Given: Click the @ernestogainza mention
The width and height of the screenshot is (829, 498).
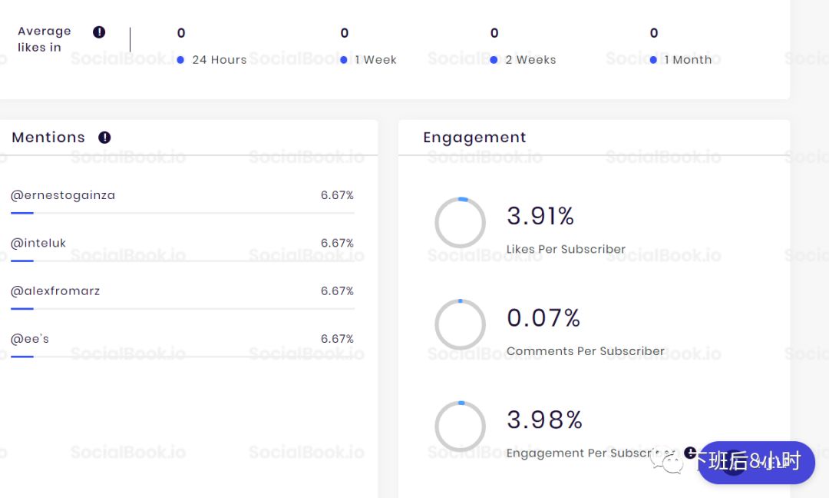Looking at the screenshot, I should pyautogui.click(x=63, y=195).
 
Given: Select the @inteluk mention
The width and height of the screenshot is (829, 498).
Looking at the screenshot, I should pyautogui.click(x=38, y=243).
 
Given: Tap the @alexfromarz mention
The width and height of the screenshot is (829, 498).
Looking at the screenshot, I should pyautogui.click(x=55, y=290).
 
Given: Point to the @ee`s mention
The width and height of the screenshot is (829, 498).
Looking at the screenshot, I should pyautogui.click(x=30, y=338).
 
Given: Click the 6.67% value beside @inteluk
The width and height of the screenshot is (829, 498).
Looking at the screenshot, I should pyautogui.click(x=337, y=243).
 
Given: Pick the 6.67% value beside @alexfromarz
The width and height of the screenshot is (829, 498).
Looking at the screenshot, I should pyautogui.click(x=337, y=290).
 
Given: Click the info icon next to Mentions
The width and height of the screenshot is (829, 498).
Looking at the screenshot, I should pyautogui.click(x=104, y=138).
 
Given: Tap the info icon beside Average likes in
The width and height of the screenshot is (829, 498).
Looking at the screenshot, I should pyautogui.click(x=99, y=32).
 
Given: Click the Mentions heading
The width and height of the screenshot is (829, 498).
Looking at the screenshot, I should pyautogui.click(x=48, y=138).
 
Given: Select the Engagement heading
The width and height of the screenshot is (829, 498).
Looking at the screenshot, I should pyautogui.click(x=474, y=138).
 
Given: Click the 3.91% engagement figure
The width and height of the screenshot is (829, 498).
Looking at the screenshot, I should pyautogui.click(x=540, y=217).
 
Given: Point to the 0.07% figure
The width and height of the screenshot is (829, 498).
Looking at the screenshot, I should pyautogui.click(x=543, y=317).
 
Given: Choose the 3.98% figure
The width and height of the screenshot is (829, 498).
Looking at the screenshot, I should pyautogui.click(x=544, y=420).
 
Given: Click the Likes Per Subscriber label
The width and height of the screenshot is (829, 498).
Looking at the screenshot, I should pyautogui.click(x=566, y=249).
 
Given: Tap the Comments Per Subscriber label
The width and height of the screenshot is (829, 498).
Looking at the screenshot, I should pyautogui.click(x=585, y=351).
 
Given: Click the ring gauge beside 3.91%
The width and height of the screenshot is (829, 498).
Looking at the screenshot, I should pyautogui.click(x=460, y=223).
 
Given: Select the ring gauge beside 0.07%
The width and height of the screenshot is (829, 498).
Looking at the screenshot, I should pyautogui.click(x=460, y=324).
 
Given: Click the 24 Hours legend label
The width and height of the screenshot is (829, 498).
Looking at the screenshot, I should pyautogui.click(x=220, y=60).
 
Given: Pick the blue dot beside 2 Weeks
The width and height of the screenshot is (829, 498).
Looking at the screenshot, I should pyautogui.click(x=494, y=60).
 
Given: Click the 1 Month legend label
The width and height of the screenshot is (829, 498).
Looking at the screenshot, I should pyautogui.click(x=688, y=60).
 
